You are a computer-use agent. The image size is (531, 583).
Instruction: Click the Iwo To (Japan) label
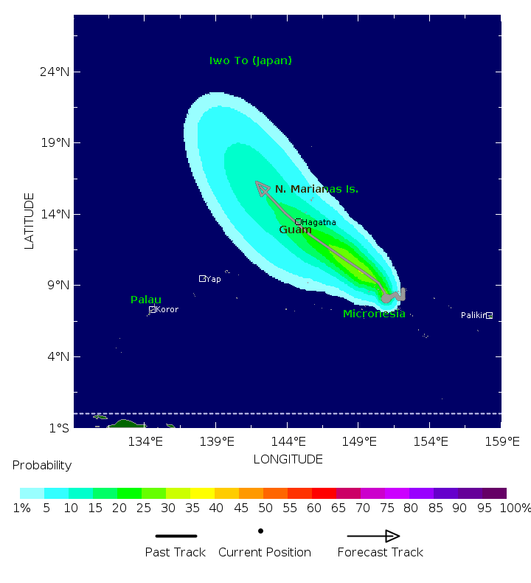coord(251,61)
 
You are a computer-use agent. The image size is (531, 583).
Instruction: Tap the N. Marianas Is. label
coord(316,190)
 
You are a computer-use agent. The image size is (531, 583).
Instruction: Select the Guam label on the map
coord(295,230)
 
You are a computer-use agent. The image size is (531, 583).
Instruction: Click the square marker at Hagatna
coord(299,221)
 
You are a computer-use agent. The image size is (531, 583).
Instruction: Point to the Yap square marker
coord(202,278)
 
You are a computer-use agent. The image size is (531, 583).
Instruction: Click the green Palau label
coord(146,300)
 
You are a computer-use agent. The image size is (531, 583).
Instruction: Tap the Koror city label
coord(167,310)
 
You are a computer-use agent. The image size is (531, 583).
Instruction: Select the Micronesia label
coord(374,314)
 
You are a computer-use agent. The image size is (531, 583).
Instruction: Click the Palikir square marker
coord(489,315)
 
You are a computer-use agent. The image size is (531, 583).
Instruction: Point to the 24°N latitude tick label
coord(55,72)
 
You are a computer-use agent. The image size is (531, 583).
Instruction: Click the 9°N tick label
coord(58,286)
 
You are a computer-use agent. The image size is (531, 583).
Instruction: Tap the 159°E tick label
coord(502,442)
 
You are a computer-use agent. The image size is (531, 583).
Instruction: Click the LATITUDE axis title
coord(29,221)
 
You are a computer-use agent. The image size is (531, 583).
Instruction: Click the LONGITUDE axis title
coord(288,460)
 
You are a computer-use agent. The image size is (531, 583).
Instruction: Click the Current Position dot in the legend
coord(260,531)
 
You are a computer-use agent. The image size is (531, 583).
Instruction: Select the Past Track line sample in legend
coord(176,537)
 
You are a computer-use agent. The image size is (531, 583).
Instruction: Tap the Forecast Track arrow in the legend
coord(373,537)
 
